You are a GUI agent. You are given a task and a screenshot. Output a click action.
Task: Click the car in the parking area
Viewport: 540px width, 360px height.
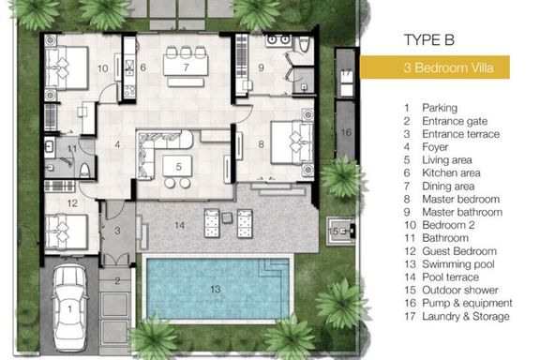[x=69, y=307]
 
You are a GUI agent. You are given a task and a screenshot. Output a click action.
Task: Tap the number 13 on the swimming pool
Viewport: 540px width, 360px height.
[x=216, y=289]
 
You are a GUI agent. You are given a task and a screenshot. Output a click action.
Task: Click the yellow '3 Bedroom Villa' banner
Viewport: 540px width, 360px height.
[x=435, y=67]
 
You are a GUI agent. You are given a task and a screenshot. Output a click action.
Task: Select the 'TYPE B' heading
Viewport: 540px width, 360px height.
[x=429, y=40]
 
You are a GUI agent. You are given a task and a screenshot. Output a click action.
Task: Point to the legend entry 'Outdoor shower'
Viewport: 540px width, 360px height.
[x=460, y=290]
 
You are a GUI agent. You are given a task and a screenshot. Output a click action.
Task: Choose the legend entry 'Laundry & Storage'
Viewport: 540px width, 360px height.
[x=466, y=316]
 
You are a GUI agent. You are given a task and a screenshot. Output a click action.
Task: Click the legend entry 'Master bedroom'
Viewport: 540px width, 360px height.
[x=461, y=199]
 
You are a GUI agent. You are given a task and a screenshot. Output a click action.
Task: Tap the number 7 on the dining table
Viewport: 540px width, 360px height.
[x=186, y=67]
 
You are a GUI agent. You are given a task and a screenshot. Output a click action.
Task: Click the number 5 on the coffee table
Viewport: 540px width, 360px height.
[x=178, y=167]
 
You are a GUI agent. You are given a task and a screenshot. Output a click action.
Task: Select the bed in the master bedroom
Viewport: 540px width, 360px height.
[x=292, y=142]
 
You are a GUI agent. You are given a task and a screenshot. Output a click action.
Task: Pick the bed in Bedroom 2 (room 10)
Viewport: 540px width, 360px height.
[x=67, y=68]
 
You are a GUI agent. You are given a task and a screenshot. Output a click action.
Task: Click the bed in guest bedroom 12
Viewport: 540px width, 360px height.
[x=67, y=232]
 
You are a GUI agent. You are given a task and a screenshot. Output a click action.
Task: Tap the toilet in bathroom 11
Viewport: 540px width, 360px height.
[x=84, y=171]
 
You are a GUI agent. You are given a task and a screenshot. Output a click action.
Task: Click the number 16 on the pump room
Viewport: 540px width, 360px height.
[x=346, y=132]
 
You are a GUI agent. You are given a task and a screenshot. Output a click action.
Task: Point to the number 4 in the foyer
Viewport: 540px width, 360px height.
[x=117, y=144]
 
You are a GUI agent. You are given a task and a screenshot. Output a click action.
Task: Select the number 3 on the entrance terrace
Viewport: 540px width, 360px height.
[x=117, y=231]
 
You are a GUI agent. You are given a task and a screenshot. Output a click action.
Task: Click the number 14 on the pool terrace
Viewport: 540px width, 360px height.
[x=179, y=225]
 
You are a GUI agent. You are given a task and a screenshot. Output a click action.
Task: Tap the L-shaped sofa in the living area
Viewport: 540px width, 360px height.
[x=162, y=148]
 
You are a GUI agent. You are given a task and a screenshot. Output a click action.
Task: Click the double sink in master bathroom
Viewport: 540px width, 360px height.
[x=277, y=40]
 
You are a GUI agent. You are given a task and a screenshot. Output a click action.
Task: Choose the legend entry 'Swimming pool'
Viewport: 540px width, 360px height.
[x=458, y=264]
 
